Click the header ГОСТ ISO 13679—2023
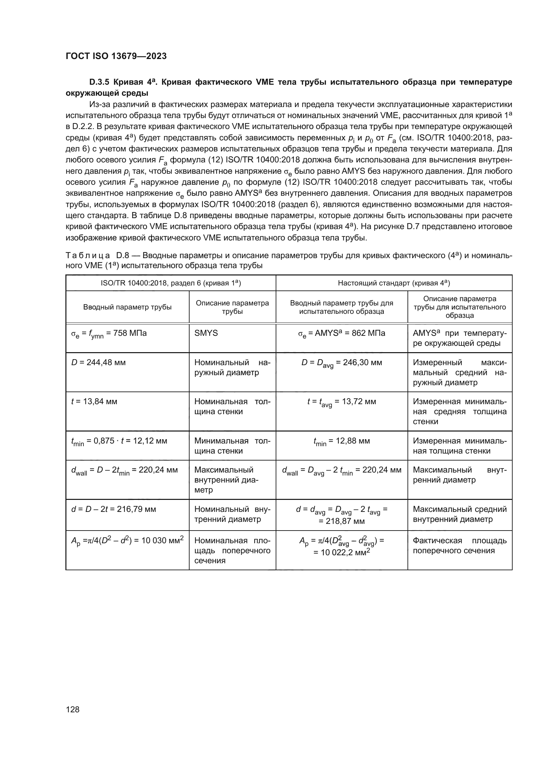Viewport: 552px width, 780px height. [x=116, y=56]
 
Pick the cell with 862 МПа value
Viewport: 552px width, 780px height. [x=341, y=334]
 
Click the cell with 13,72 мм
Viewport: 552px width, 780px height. [x=341, y=402]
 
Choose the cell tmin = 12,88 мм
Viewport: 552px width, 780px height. [x=341, y=442]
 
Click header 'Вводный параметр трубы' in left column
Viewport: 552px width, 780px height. [x=127, y=307]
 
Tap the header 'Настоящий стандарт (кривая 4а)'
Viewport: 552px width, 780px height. [x=393, y=283]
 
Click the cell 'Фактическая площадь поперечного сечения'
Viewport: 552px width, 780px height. [x=460, y=546]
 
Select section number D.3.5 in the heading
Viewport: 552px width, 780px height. [x=100, y=82]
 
